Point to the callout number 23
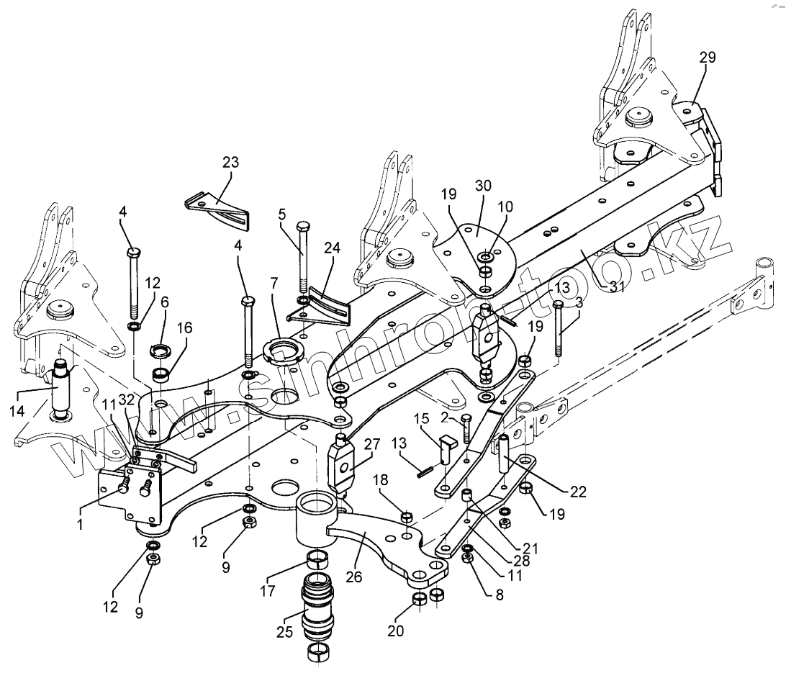[230, 161]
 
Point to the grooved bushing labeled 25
[317, 605]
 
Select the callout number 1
[80, 525]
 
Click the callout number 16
[184, 328]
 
